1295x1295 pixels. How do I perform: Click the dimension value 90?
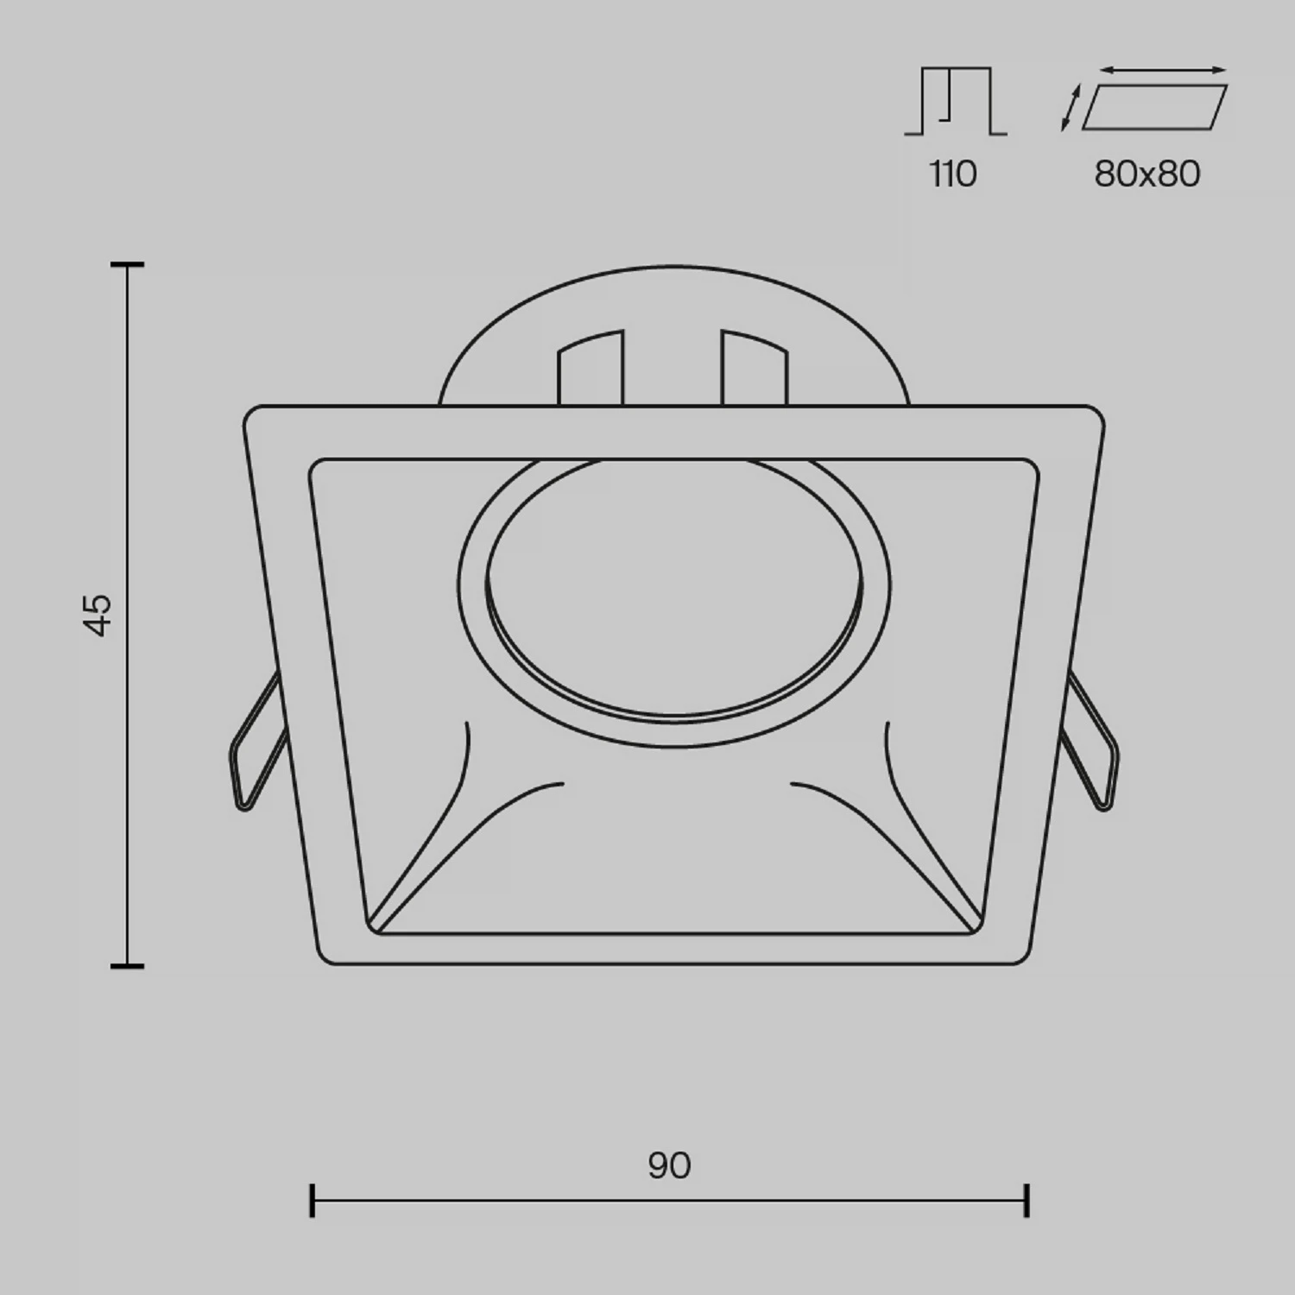(669, 1165)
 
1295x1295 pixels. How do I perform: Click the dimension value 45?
(99, 615)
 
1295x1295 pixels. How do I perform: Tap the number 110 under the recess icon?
(953, 174)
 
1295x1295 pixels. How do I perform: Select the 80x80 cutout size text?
(1147, 174)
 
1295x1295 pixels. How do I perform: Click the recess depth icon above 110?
(956, 101)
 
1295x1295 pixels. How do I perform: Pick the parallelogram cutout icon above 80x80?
(1154, 107)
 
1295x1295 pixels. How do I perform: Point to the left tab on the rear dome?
(591, 367)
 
